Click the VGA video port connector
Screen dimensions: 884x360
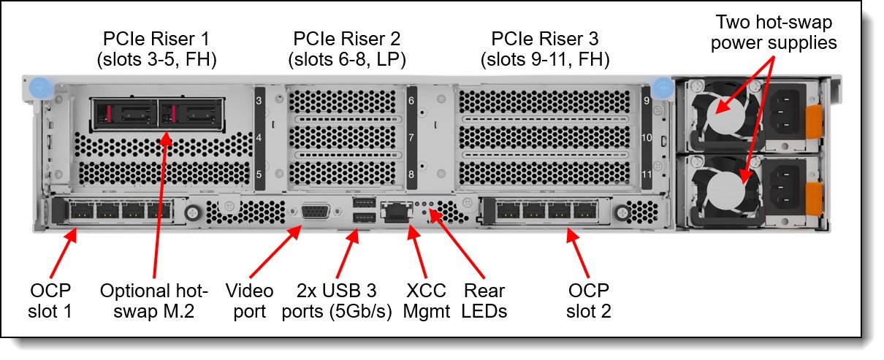click(316, 214)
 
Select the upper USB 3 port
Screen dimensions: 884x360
click(364, 203)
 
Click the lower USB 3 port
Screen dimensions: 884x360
click(364, 217)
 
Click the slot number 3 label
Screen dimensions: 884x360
click(259, 101)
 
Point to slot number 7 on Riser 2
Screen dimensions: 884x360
click(411, 137)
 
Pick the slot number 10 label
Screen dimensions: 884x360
click(647, 137)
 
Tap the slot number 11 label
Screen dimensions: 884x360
click(647, 174)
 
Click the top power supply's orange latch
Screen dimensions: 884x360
click(813, 122)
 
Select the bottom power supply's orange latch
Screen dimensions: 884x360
click(813, 199)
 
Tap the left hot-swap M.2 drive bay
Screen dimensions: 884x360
click(126, 113)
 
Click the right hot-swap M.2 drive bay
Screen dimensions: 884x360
click(191, 113)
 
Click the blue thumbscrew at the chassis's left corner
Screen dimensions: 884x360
click(40, 88)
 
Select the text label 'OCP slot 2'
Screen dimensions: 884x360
click(588, 301)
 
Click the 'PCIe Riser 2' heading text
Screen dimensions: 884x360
click(347, 39)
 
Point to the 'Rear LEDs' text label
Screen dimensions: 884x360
click(484, 301)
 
